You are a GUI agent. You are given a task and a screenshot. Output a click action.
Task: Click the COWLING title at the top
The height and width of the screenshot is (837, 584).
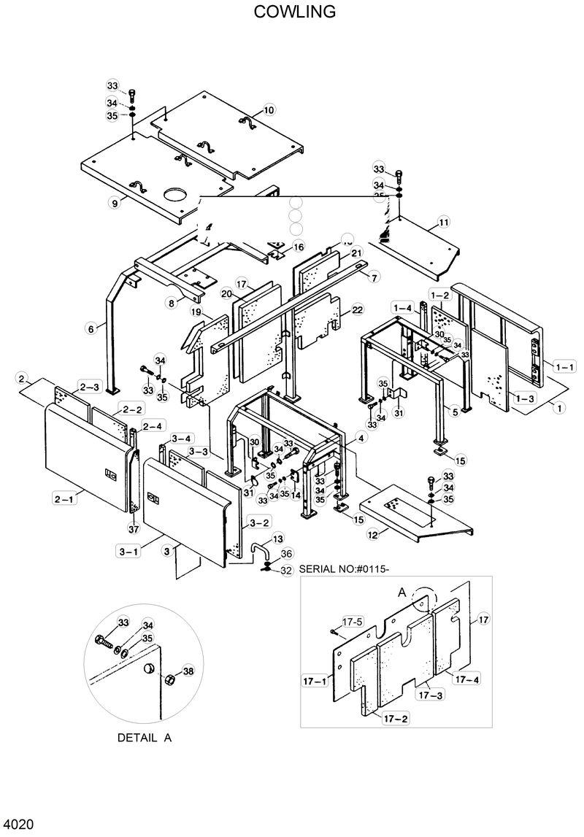tap(295, 12)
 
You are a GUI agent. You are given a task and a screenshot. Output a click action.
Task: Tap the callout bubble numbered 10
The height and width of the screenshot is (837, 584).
tap(269, 110)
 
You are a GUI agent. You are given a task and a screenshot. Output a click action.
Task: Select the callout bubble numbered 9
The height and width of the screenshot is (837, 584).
tap(115, 204)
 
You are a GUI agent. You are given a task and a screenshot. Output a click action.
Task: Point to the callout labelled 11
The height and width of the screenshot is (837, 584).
tap(444, 221)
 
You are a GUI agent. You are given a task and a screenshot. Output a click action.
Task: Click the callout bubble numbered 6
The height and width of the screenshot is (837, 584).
tap(91, 329)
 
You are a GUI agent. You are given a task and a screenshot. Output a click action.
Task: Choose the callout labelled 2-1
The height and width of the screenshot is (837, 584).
tap(64, 499)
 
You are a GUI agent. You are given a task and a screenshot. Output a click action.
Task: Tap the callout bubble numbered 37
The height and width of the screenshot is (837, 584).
tap(133, 529)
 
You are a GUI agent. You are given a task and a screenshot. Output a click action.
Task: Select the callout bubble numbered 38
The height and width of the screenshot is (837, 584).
tap(188, 671)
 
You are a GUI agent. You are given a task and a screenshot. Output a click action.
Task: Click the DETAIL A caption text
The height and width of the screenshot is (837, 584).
tap(145, 738)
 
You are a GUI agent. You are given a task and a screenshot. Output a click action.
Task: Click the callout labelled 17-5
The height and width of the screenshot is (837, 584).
tap(353, 622)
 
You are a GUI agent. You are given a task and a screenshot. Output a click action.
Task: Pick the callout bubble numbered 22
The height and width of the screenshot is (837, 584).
tap(357, 310)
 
